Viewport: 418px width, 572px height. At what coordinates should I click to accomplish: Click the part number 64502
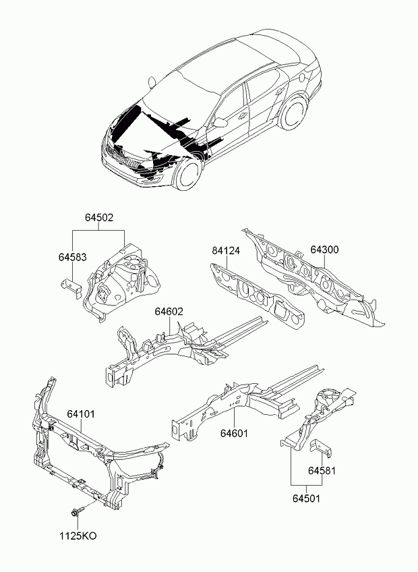(99, 217)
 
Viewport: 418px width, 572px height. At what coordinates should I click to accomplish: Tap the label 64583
(73, 257)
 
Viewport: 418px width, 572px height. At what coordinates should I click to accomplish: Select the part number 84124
(226, 251)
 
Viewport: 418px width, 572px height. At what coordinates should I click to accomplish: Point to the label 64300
(324, 250)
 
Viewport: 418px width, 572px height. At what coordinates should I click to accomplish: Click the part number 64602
(169, 312)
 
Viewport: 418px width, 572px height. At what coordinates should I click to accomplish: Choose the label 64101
(81, 414)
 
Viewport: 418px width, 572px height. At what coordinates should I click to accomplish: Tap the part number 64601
(234, 433)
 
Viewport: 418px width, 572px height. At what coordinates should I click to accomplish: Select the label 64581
(322, 471)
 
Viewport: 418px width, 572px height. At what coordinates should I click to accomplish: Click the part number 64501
(306, 498)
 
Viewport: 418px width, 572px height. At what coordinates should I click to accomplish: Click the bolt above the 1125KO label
(78, 511)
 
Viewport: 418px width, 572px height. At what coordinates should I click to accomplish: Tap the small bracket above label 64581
(321, 448)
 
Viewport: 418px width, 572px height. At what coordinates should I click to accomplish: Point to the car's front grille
(122, 157)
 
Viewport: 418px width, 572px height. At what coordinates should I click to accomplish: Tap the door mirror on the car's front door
(220, 122)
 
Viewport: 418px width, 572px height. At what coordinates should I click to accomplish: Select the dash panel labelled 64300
(313, 277)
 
